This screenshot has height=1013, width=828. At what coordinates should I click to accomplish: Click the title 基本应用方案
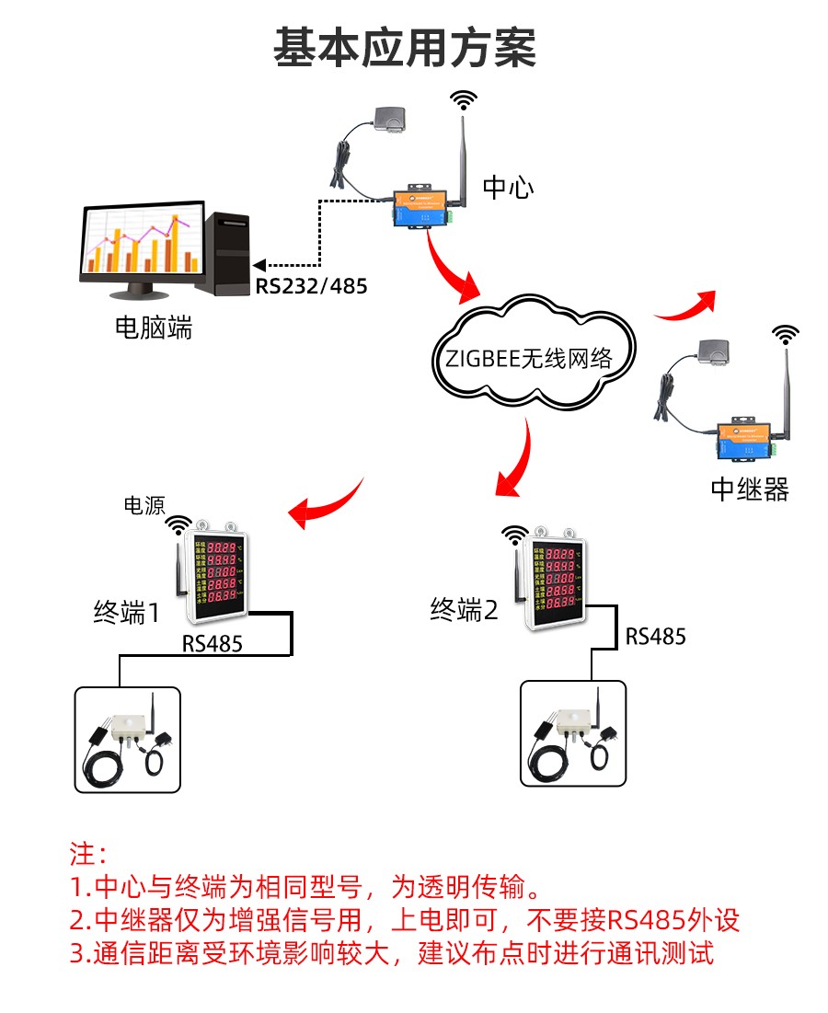[x=405, y=47]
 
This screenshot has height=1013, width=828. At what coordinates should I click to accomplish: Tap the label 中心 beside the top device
[x=508, y=189]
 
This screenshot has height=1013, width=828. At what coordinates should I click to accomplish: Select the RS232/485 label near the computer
[x=311, y=286]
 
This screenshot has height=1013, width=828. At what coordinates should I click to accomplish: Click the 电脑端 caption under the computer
[x=154, y=328]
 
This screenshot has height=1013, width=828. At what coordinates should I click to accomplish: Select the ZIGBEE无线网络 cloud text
[x=528, y=359]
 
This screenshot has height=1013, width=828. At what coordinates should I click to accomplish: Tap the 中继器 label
[x=750, y=489]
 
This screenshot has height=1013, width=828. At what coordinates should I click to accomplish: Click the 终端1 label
[x=127, y=612]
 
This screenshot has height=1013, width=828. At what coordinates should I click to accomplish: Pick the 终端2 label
[x=464, y=609]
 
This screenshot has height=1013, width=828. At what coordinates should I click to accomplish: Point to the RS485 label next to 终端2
[x=656, y=636]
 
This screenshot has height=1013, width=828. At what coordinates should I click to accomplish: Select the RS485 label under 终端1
[x=213, y=643]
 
